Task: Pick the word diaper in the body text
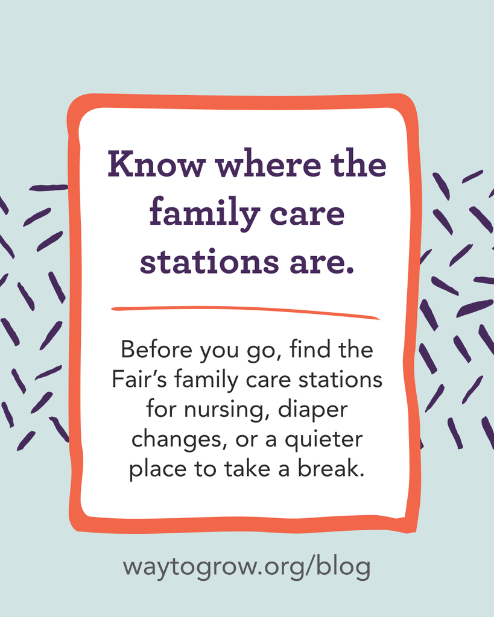pyautogui.click(x=313, y=410)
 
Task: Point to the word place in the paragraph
pyautogui.click(x=157, y=469)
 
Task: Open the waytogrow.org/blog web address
pyautogui.click(x=247, y=567)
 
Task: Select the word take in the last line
pyautogui.click(x=247, y=468)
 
